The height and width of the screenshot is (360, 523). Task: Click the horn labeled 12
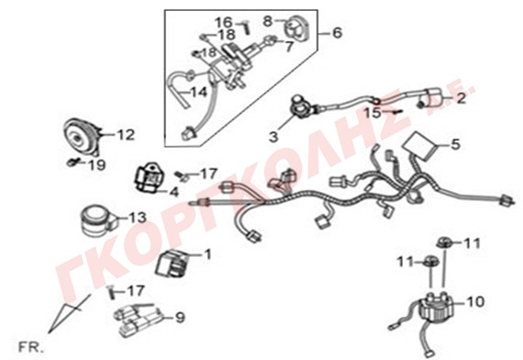pyautogui.click(x=81, y=138)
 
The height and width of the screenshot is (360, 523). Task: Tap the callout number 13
pyautogui.click(x=138, y=218)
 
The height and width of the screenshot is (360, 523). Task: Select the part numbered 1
pyautogui.click(x=172, y=264)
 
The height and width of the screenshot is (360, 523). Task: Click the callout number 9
pyautogui.click(x=180, y=317)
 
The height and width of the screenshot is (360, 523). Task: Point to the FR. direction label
pyautogui.click(x=30, y=348)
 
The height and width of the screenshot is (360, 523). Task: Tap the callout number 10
pyautogui.click(x=475, y=302)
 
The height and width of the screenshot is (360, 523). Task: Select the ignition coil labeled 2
pyautogui.click(x=431, y=97)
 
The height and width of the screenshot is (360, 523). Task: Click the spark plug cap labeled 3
pyautogui.click(x=301, y=107)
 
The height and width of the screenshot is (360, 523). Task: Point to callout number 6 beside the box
pyautogui.click(x=338, y=33)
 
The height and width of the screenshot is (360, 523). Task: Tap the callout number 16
pyautogui.click(x=224, y=22)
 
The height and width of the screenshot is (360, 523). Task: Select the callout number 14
pyautogui.click(x=199, y=92)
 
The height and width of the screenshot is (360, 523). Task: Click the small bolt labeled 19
pyautogui.click(x=72, y=163)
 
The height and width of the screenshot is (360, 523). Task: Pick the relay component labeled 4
pyautogui.click(x=149, y=177)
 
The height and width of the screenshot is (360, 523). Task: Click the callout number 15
pyautogui.click(x=372, y=113)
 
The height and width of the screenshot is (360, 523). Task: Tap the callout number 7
pyautogui.click(x=288, y=47)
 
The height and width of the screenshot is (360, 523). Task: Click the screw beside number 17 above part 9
pyautogui.click(x=111, y=293)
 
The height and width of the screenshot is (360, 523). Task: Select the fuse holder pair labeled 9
pyautogui.click(x=139, y=320)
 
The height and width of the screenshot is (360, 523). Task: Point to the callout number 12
pyautogui.click(x=126, y=135)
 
